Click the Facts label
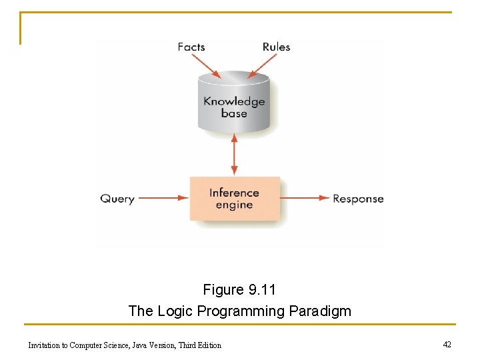coord(191,47)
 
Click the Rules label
coord(276,47)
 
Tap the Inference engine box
coord(235,199)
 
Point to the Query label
coord(117,199)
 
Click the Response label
coord(358,199)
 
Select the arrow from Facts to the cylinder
coord(206,65)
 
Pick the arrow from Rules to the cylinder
coord(263,65)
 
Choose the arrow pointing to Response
coord(305,198)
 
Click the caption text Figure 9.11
coord(239,290)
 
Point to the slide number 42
coord(447,344)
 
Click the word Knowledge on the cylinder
coord(234,102)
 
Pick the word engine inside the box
coord(234,205)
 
